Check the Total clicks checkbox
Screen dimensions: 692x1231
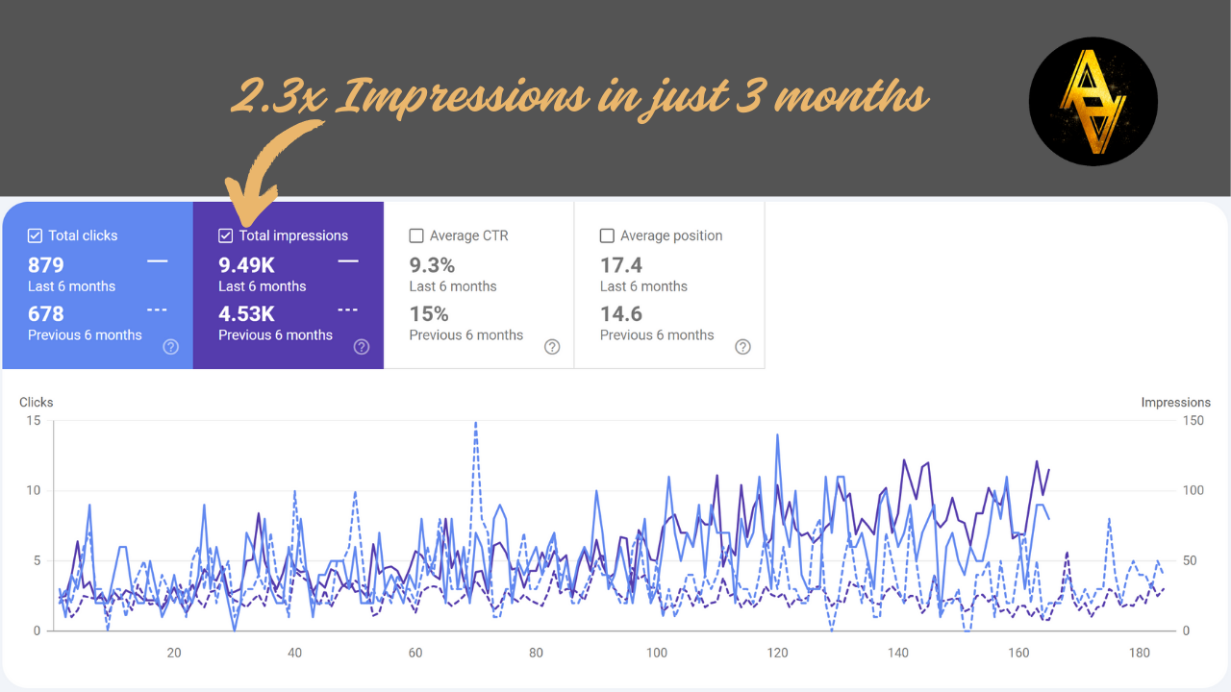click(x=36, y=235)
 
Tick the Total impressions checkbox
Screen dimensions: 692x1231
click(x=226, y=235)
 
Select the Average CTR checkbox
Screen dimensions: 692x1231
click(x=416, y=235)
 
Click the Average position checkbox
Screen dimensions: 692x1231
click(x=607, y=235)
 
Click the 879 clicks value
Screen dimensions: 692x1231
click(x=46, y=265)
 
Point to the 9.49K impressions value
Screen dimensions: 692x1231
click(x=246, y=265)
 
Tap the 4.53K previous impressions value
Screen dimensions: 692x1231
click(x=246, y=314)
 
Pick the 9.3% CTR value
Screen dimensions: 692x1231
click(x=432, y=265)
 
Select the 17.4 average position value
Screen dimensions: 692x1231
click(x=621, y=265)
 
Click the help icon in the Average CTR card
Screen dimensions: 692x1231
click(x=552, y=347)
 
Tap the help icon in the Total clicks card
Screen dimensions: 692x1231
click(x=170, y=347)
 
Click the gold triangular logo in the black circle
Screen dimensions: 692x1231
click(x=1093, y=102)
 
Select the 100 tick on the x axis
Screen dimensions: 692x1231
click(x=657, y=654)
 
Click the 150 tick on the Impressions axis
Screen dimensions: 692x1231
click(x=1193, y=421)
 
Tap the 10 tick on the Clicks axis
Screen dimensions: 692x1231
click(x=34, y=490)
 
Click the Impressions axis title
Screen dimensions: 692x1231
click(x=1175, y=403)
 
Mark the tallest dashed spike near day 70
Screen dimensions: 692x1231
click(x=475, y=423)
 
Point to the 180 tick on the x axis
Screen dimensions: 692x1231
click(x=1140, y=654)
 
